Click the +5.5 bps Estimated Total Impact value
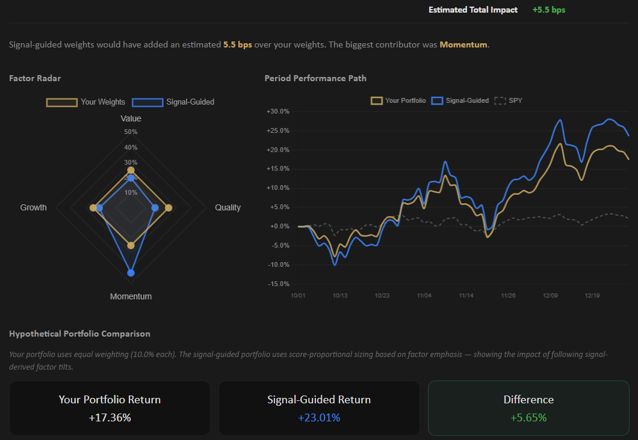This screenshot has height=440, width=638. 548,10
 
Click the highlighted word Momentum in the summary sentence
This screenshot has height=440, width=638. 463,45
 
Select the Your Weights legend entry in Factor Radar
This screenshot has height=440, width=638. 86,102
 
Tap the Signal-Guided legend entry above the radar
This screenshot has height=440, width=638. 173,102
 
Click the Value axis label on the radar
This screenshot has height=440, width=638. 131,118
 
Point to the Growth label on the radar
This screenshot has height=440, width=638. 33,207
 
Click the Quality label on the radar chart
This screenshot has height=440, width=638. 228,207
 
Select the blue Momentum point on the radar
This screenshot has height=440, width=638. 131,273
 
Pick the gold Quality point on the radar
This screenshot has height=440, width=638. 169,208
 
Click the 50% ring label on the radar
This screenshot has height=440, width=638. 131,132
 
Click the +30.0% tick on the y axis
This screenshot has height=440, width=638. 277,112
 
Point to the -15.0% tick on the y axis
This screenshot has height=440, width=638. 277,284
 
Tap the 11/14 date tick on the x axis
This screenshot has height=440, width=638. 466,296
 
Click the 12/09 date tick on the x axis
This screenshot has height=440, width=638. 550,296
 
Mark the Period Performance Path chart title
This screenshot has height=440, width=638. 315,78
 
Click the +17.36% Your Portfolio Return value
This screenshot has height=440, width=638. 110,417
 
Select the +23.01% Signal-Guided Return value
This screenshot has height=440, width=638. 319,417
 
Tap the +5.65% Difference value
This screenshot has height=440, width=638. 528,417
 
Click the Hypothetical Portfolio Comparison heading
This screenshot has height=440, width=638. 79,334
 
